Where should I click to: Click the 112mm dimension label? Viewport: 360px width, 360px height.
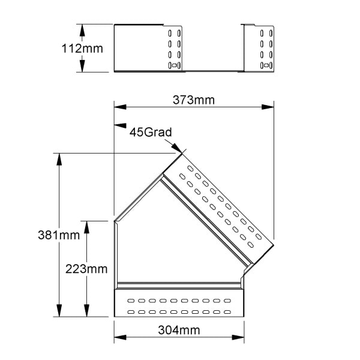click(82, 49)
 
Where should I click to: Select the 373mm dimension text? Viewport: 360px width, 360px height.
click(194, 100)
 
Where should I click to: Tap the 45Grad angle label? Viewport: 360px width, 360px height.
click(151, 132)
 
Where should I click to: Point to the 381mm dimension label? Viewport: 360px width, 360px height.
click(59, 235)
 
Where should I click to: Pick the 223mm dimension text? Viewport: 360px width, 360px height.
click(86, 269)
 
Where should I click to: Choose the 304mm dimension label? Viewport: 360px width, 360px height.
click(179, 330)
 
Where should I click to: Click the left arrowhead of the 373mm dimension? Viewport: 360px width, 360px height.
click(120, 107)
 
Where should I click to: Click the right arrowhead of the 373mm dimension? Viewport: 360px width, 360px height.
click(268, 107)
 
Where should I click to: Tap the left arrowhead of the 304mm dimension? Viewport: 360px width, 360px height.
click(120, 337)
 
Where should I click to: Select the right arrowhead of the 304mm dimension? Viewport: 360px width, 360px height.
click(238, 337)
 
